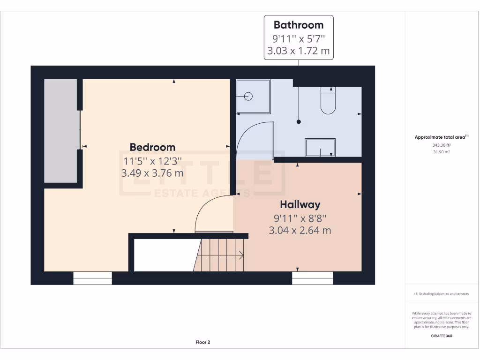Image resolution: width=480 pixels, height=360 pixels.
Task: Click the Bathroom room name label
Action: pos(299,25)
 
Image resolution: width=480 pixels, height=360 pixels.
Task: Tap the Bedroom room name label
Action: pos(152,147)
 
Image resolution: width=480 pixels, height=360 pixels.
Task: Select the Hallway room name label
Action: pos(300,204)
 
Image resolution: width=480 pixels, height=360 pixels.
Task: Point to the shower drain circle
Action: pos(248,97)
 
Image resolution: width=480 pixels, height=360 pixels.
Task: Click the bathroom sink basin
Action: pos(320,147)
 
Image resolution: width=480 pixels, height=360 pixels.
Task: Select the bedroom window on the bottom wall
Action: pos(92,278)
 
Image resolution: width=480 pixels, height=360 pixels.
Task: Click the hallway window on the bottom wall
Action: pos(312,278)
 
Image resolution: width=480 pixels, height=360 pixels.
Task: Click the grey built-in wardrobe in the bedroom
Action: pos(60,131)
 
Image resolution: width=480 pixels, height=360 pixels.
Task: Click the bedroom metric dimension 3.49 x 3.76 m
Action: pos(152,173)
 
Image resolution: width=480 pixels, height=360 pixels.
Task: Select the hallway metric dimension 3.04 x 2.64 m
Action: pos(300,230)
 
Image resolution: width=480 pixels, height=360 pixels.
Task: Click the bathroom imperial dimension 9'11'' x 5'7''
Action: pos(299,38)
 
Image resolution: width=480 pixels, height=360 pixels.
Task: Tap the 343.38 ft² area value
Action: pos(442,145)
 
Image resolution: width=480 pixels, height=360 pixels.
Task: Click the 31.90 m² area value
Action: pos(442,152)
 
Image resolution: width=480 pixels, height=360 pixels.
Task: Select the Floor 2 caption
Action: pos(202,342)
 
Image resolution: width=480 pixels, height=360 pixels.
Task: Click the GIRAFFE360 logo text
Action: pos(442,336)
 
